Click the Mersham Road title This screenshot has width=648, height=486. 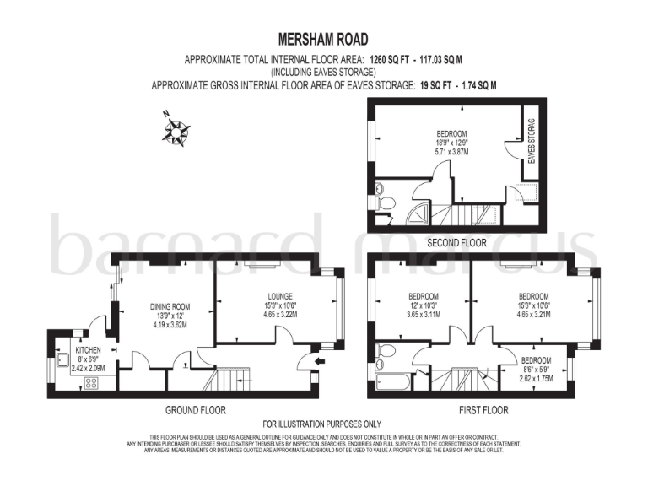(324, 39)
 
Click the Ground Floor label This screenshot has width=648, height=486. (196, 411)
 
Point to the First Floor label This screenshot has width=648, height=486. (483, 411)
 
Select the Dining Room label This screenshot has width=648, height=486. (170, 307)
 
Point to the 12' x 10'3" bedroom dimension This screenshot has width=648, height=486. (423, 305)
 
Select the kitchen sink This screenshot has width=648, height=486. (62, 359)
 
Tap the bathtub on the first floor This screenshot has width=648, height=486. (394, 382)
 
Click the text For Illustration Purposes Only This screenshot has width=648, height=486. (323, 424)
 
